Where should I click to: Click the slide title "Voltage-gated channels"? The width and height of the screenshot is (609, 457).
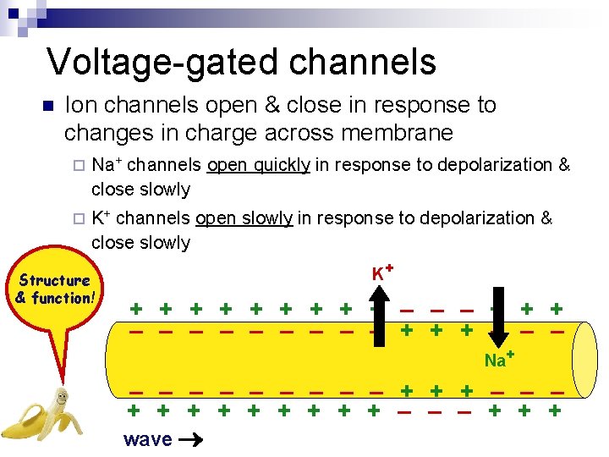click(241, 62)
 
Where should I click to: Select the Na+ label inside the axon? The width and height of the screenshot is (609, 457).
click(500, 360)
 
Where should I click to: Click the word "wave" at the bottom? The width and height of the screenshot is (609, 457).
click(147, 439)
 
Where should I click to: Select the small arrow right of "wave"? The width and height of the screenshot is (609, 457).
click(192, 439)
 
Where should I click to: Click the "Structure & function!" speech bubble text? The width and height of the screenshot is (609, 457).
click(56, 289)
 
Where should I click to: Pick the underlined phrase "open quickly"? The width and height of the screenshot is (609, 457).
click(258, 165)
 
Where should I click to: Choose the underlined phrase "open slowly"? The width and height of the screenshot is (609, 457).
click(244, 218)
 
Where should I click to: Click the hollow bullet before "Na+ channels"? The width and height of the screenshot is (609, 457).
click(79, 166)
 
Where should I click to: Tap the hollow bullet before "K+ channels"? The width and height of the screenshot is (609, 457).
click(79, 219)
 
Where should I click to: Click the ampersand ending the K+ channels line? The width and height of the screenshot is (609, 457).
click(546, 218)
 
